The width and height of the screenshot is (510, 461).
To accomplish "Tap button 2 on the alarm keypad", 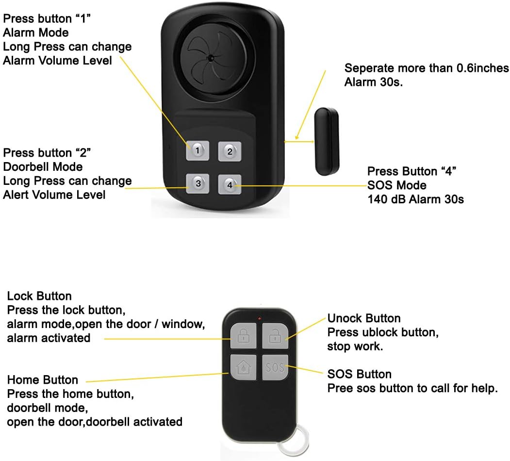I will pos(230,151).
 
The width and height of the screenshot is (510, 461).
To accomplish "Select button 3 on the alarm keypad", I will pos(198,183).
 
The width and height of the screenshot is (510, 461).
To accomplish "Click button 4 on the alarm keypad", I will pos(230,184).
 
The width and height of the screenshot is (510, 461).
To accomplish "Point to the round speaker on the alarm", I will pos(212,57).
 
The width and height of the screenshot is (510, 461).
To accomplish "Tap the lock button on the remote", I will pos(243,335).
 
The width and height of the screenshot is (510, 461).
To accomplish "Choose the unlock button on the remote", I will pos(275,335).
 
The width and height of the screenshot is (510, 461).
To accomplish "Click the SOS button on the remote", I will pos(275,367).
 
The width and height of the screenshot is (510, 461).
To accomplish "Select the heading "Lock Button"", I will pos(39,296).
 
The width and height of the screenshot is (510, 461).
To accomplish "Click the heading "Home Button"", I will pos(43,380).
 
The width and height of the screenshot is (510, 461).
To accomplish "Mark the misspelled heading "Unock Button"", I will pos(364,318).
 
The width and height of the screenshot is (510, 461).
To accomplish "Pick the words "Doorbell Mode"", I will pos(43,167).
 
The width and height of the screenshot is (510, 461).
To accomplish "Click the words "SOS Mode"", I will pos(397,185).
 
